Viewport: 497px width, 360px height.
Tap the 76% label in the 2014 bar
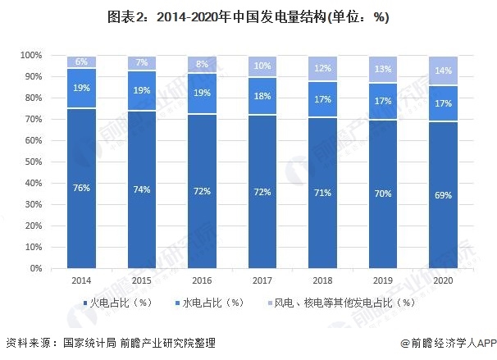(x=81, y=189)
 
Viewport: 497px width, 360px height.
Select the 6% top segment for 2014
(x=81, y=62)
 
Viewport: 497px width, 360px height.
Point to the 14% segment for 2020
(x=442, y=71)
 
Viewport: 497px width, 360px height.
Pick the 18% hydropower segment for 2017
(x=262, y=96)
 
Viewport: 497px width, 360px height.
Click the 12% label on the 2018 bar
(x=321, y=68)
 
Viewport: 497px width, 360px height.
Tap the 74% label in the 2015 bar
(x=141, y=190)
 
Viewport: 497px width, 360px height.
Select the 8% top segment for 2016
(x=202, y=64)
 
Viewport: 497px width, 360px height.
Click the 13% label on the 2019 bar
(x=382, y=69)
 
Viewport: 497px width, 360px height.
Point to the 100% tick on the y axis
(x=30, y=55)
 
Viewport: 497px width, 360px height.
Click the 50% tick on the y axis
(x=33, y=162)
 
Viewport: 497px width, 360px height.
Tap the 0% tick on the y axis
(x=35, y=268)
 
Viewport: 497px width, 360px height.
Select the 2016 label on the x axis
(x=202, y=280)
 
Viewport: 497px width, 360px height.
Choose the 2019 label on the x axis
(x=382, y=280)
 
